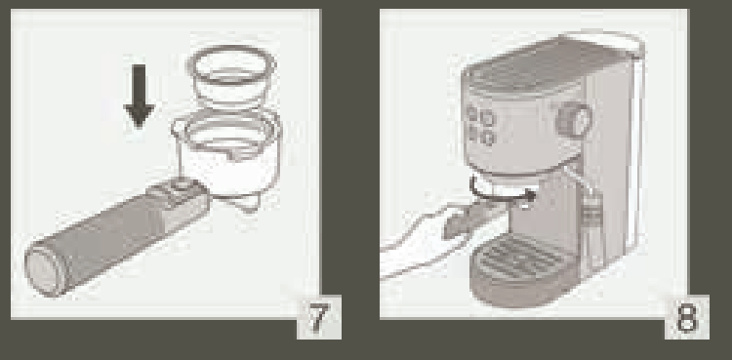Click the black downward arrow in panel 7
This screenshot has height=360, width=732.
tap(139, 96)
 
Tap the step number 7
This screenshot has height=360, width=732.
tap(318, 317)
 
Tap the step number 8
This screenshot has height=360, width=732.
tap(686, 317)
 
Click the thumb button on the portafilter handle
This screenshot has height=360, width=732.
tap(181, 185)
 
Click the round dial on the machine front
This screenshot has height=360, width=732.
tap(574, 119)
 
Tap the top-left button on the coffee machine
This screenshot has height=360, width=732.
tap(472, 113)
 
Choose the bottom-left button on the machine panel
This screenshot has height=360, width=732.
tap(473, 135)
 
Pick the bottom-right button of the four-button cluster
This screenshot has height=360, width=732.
tap(488, 139)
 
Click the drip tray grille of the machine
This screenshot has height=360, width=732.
tap(517, 258)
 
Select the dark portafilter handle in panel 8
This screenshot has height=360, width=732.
tap(471, 220)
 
